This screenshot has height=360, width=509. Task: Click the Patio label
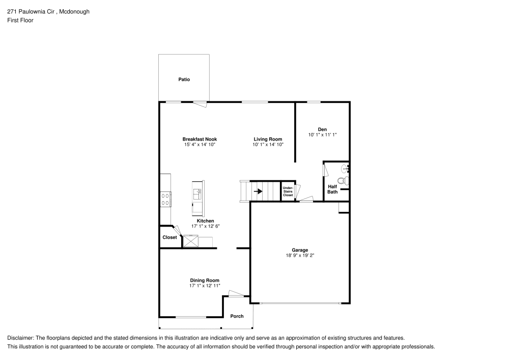coord(184,79)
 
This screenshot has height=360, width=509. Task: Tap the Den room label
coord(322,129)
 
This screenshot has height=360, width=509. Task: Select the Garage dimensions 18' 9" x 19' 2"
coord(299,256)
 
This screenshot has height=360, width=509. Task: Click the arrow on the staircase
coord(259,191)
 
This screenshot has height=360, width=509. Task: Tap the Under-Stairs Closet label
coord(288,191)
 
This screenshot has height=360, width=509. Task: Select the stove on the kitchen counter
coord(165,199)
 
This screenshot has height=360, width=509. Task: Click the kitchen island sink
coord(197,194)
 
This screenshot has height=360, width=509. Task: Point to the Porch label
coord(237,316)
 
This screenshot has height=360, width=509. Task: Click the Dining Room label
coord(205,281)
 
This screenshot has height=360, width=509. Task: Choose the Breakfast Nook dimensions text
coord(200,145)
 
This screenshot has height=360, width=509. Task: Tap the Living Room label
coord(268,139)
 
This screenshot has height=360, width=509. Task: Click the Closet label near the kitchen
coord(169,237)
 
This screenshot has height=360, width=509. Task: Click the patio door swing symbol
coord(200,104)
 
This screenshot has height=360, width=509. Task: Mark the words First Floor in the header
coord(20,20)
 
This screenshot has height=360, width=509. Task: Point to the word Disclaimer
coord(20,338)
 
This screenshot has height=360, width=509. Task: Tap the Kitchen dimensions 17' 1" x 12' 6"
coord(205,226)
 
